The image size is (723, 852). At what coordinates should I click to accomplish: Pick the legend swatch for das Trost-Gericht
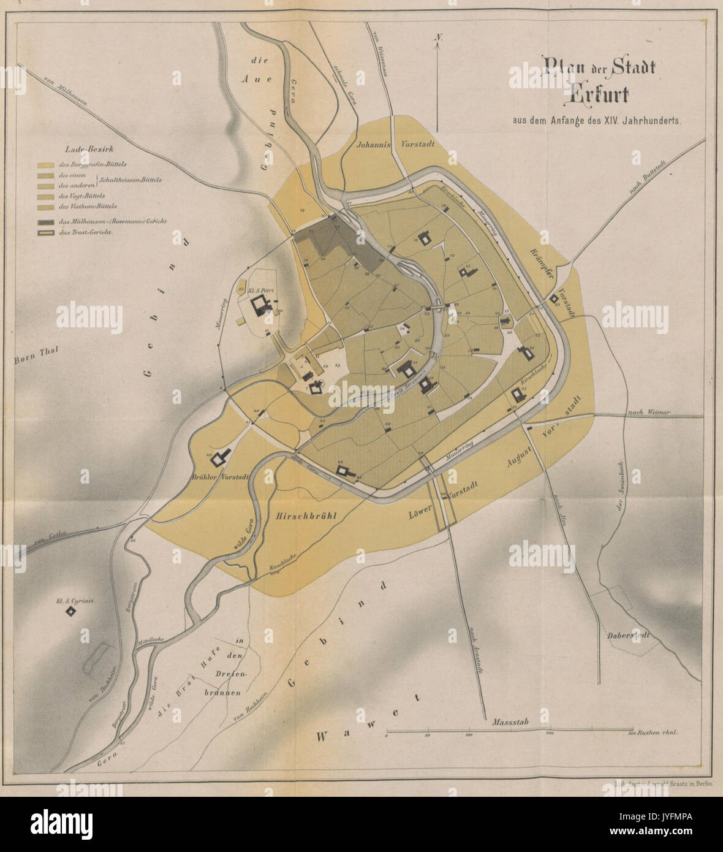(x=46, y=233)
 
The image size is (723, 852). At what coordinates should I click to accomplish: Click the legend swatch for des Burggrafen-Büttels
(x=46, y=165)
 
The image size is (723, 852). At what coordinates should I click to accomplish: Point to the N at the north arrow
(x=438, y=37)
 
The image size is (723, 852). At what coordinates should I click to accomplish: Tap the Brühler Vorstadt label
(x=220, y=477)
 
